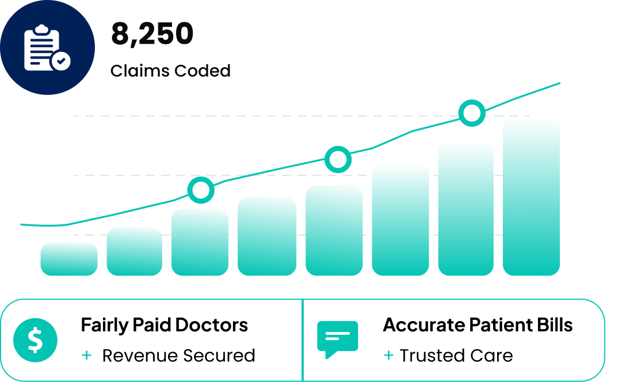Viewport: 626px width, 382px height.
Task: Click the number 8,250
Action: click(x=152, y=35)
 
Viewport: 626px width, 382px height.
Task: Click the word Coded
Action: click(x=203, y=71)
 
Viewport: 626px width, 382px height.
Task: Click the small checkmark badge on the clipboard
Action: click(x=61, y=61)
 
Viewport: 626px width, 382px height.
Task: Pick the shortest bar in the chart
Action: click(x=69, y=259)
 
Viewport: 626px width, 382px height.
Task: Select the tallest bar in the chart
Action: click(x=531, y=197)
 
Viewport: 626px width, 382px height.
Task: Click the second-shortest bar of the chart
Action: click(x=135, y=251)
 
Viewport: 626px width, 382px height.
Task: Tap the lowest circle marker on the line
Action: click(x=201, y=190)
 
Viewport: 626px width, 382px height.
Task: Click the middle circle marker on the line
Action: click(x=338, y=160)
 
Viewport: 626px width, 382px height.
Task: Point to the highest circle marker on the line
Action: click(x=472, y=113)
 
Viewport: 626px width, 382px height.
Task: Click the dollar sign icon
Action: click(x=35, y=340)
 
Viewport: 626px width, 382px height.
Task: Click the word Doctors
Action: click(x=212, y=325)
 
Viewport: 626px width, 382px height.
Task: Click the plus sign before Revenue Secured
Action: click(x=87, y=356)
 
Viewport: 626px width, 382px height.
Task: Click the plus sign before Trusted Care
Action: click(x=388, y=356)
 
